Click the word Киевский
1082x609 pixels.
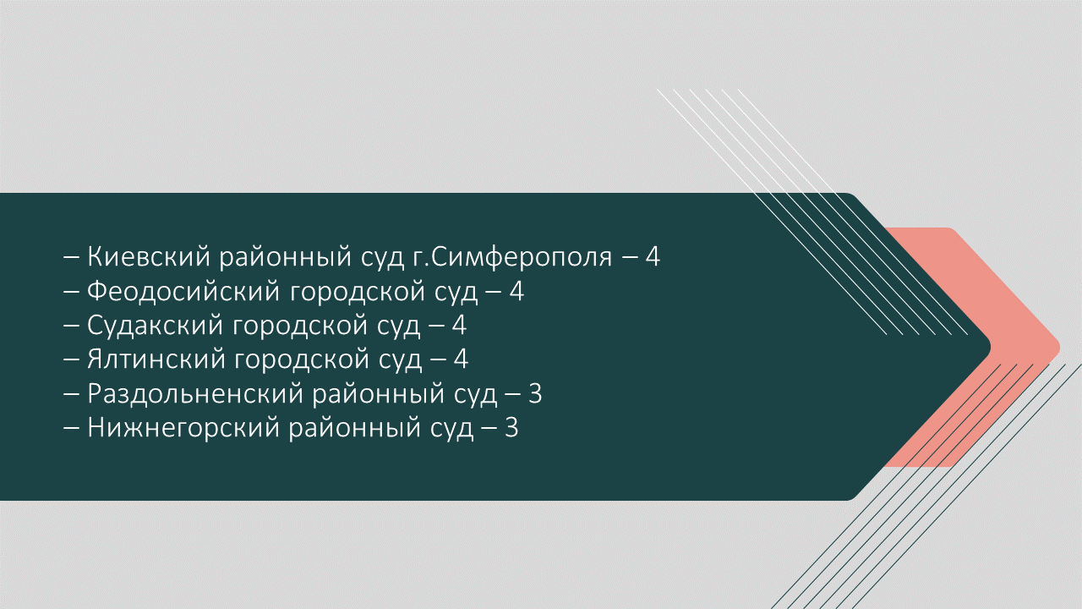(149, 256)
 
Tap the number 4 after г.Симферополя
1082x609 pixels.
(653, 256)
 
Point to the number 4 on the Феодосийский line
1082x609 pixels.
(516, 292)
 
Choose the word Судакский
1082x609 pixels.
(155, 326)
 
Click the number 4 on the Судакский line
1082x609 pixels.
(459, 326)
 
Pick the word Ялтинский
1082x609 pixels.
(157, 359)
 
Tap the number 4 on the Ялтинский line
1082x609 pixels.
(462, 359)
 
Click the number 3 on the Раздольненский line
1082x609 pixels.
(535, 394)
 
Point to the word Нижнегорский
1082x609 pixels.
(183, 428)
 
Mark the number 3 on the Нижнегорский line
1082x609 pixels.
(511, 428)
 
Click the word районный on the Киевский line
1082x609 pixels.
(286, 257)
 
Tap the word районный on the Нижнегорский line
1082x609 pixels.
(355, 429)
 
